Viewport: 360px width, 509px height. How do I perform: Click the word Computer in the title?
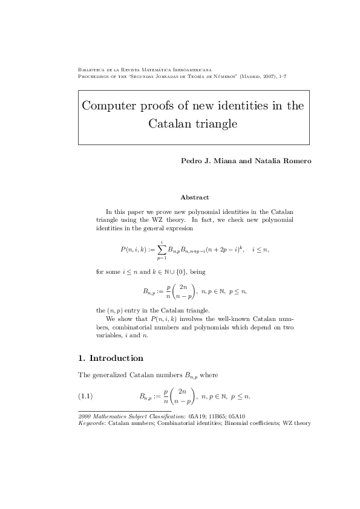point(110,106)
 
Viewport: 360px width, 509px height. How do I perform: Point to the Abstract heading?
point(195,197)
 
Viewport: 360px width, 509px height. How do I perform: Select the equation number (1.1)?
point(87,397)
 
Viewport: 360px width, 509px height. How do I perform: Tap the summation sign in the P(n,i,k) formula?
point(162,250)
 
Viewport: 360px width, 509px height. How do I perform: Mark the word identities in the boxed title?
point(240,106)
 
